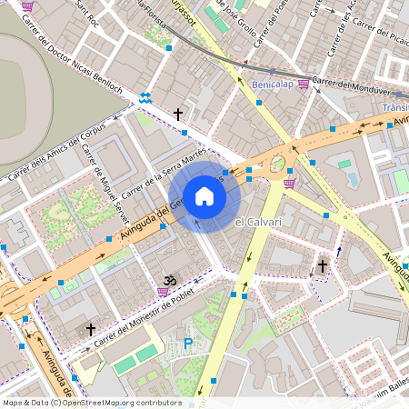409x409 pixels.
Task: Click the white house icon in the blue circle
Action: click(204, 196)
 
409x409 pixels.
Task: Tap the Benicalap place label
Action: click(273, 84)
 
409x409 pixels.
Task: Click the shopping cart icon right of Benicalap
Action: click(303, 84)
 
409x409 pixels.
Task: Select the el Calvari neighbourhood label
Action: click(258, 222)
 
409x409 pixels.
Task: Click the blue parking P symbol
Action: click(188, 343)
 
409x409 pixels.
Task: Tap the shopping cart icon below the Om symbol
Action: click(163, 292)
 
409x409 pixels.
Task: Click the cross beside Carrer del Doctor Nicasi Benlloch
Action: click(178, 115)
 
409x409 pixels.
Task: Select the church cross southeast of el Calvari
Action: click(323, 265)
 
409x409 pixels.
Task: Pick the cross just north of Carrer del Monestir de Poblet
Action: click(90, 329)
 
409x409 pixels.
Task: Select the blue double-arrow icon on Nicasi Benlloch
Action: click(145, 96)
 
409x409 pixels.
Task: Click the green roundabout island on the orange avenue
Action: click(277, 164)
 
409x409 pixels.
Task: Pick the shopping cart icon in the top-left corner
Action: click(27, 5)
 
